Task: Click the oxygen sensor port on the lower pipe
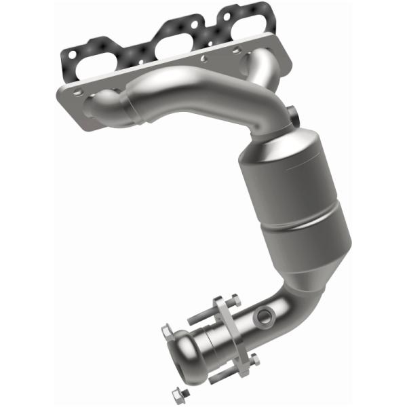pyautogui.click(x=264, y=315)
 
